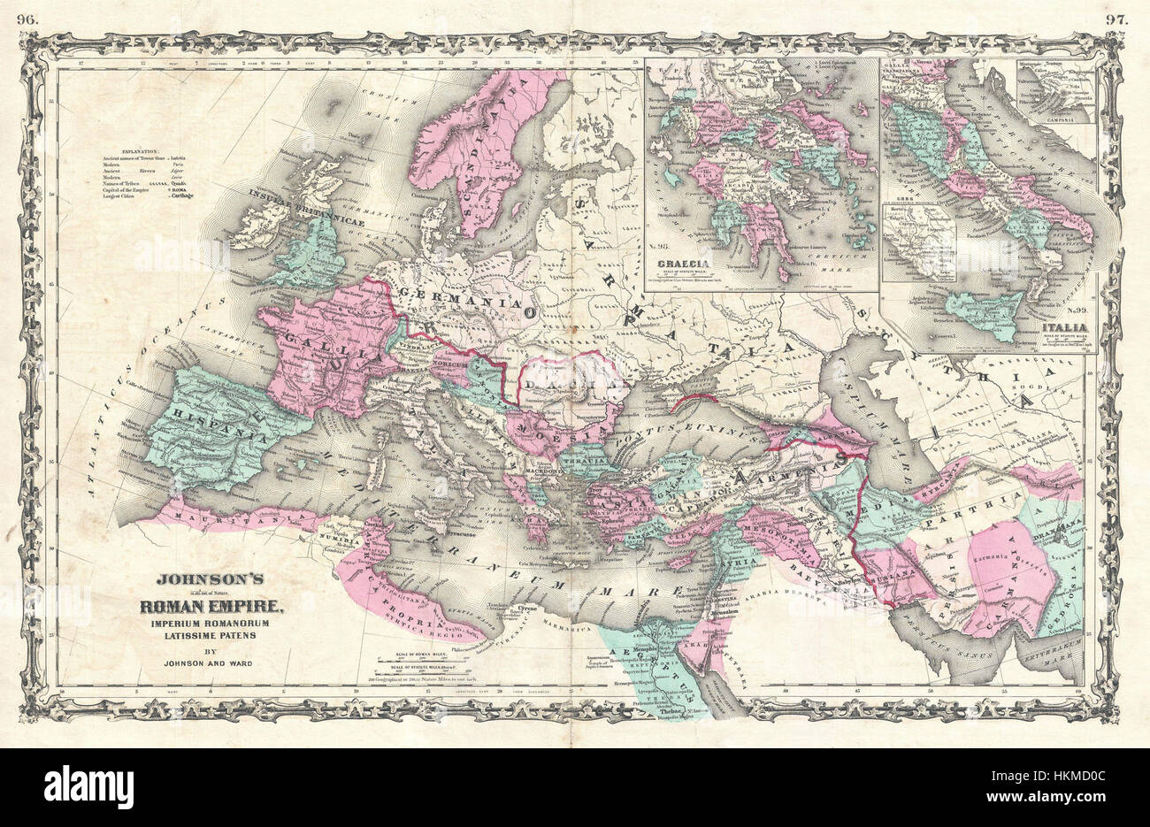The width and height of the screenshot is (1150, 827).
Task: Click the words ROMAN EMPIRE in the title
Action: [211, 607]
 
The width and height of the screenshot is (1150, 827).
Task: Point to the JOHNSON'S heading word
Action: [211, 582]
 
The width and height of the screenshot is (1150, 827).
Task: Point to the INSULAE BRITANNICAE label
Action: [306, 208]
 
